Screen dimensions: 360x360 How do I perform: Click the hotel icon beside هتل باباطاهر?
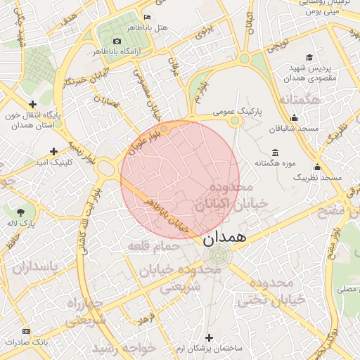click(x=147, y=17)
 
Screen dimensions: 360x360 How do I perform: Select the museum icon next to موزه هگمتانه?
click(x=274, y=153)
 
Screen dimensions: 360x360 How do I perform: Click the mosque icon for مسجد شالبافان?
click(x=294, y=118)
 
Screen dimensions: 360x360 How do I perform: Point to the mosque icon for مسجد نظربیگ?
click(x=317, y=167)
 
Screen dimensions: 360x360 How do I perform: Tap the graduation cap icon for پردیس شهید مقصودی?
click(x=309, y=58)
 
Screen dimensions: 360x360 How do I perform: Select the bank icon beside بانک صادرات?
click(x=27, y=331)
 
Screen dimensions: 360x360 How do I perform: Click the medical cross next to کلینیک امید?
click(x=54, y=151)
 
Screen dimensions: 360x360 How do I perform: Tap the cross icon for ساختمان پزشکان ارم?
click(x=209, y=337)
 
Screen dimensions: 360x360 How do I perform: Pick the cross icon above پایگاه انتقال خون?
click(x=32, y=103)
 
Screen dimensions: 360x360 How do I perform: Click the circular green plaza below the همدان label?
click(x=217, y=255)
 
